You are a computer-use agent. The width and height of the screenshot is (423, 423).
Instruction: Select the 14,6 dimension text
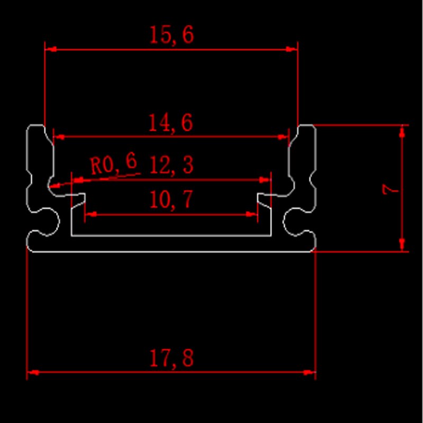click(x=170, y=123)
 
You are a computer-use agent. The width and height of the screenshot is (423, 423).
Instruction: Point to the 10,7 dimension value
click(x=171, y=200)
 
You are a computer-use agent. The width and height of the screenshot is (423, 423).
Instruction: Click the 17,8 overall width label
click(x=171, y=359)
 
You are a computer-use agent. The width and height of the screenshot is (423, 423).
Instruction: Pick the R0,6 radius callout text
click(x=113, y=164)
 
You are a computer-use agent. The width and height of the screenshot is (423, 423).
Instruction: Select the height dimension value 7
click(x=391, y=189)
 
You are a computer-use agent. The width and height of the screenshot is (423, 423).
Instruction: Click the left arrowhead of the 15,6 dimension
click(x=51, y=49)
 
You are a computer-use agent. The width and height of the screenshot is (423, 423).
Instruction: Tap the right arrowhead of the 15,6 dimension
click(x=292, y=49)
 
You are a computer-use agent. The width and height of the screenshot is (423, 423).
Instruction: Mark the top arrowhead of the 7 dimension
click(x=403, y=131)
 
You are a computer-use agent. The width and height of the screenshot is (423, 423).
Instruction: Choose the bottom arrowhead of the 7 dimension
click(x=403, y=244)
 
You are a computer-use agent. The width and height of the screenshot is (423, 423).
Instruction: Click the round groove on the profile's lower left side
click(x=44, y=221)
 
